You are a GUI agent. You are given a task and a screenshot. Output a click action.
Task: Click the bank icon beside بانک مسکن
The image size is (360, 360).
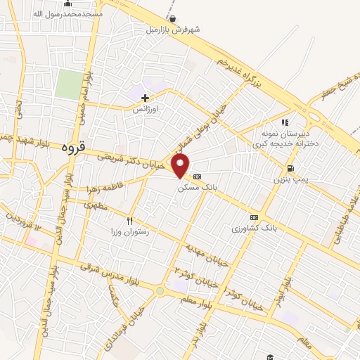point(197,177)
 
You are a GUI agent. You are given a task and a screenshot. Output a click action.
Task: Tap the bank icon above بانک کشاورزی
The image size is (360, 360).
point(254,218)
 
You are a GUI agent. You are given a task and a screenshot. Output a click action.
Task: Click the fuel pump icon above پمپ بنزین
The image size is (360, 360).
point(290,169)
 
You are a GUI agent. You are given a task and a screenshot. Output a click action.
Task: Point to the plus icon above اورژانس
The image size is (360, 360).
point(146,98)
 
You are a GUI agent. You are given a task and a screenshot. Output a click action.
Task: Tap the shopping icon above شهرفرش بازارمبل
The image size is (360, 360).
point(173,19)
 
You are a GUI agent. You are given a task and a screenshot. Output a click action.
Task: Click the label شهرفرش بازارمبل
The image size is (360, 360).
point(174,30)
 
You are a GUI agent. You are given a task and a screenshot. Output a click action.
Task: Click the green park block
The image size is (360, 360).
point(67,84)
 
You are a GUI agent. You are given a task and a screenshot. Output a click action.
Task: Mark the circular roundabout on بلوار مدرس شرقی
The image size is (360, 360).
point(160,290)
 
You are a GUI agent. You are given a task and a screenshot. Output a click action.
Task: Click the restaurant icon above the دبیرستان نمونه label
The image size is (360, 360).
point(285,122)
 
